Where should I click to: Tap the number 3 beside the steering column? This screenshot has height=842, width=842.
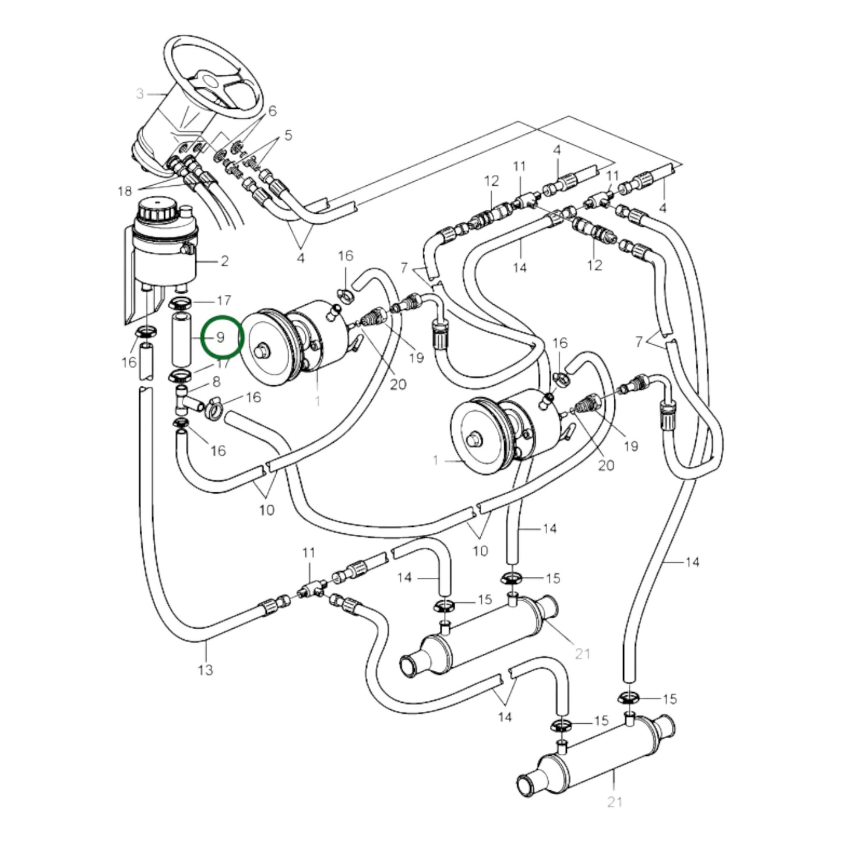click(x=140, y=94)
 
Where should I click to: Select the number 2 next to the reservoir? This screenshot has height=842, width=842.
click(x=224, y=261)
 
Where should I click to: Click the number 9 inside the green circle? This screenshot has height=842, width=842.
click(x=220, y=337)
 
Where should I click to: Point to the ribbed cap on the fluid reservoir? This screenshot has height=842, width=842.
click(x=154, y=210)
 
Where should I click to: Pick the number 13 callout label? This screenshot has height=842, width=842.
click(x=206, y=670)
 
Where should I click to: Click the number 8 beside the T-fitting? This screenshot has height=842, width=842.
click(x=216, y=383)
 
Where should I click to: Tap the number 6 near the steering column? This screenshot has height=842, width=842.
click(x=272, y=111)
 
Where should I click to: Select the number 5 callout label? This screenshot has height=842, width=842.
click(x=288, y=135)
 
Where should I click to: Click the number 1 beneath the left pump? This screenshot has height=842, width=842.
click(x=317, y=401)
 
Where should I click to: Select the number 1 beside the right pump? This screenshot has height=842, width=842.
click(x=435, y=460)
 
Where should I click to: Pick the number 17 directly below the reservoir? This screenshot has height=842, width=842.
click(x=224, y=301)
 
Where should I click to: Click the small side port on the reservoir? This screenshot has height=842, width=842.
click(x=188, y=249)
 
